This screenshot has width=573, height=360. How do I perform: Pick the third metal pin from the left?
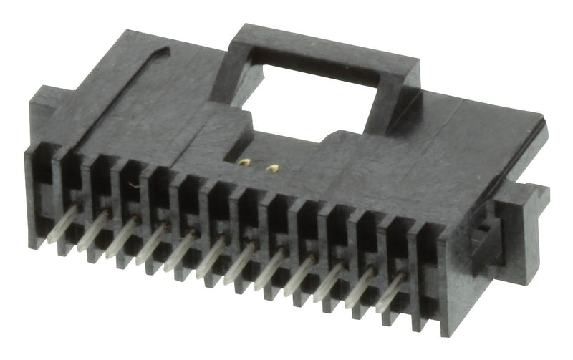click(x=122, y=236)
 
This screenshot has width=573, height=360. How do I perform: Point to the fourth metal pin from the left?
click(x=152, y=242)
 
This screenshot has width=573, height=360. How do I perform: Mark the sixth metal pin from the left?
click(x=211, y=255)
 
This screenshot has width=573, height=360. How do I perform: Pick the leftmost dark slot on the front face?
click(x=42, y=179)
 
